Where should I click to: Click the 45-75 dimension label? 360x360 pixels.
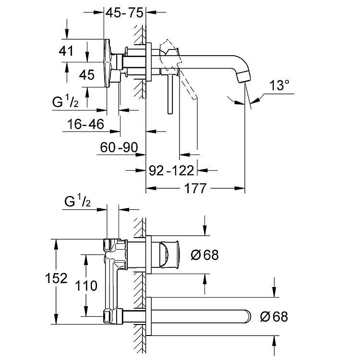(x=124, y=12)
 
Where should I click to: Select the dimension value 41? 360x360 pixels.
(x=66, y=51)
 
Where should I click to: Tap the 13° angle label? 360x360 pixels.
(x=279, y=85)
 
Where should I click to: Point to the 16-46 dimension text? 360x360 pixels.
(x=85, y=124)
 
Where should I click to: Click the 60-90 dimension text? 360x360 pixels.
(x=119, y=147)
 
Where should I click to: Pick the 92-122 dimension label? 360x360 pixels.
(x=171, y=170)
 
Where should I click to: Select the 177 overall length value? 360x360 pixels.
(x=195, y=189)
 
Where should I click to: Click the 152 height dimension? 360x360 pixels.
(x=56, y=278)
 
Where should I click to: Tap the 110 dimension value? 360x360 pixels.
(x=86, y=286)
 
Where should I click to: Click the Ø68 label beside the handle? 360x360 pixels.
(x=204, y=255)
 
